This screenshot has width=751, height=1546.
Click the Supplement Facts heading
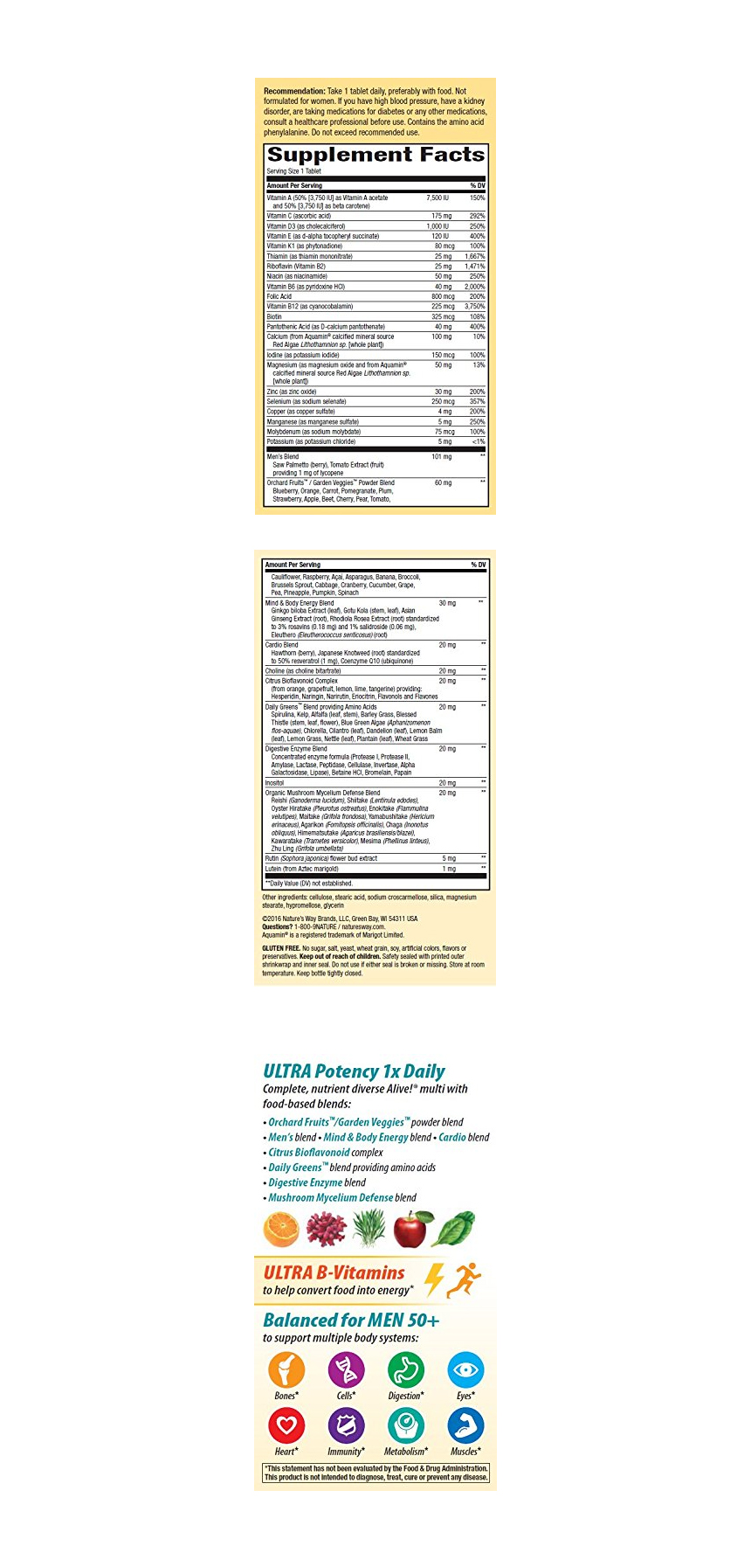(375, 155)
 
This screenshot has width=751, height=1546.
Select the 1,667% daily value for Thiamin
(474, 257)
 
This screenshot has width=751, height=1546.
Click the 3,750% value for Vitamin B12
(474, 307)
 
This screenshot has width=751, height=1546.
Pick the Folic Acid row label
(279, 297)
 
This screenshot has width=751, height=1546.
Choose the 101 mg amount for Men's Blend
(441, 457)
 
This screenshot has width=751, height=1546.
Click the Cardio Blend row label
(282, 645)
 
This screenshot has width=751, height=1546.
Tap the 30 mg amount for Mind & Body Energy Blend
(446, 603)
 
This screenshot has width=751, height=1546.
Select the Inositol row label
(275, 783)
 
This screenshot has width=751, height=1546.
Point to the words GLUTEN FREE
(281, 948)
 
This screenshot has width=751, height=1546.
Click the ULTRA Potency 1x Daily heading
(354, 1071)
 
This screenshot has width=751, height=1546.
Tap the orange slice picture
(281, 1230)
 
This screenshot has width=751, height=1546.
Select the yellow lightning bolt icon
(433, 1279)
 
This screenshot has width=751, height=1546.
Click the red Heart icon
(286, 1426)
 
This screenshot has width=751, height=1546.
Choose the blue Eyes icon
(465, 1369)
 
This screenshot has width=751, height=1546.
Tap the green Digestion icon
(405, 1369)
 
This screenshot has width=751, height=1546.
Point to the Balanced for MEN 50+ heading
(351, 1321)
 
